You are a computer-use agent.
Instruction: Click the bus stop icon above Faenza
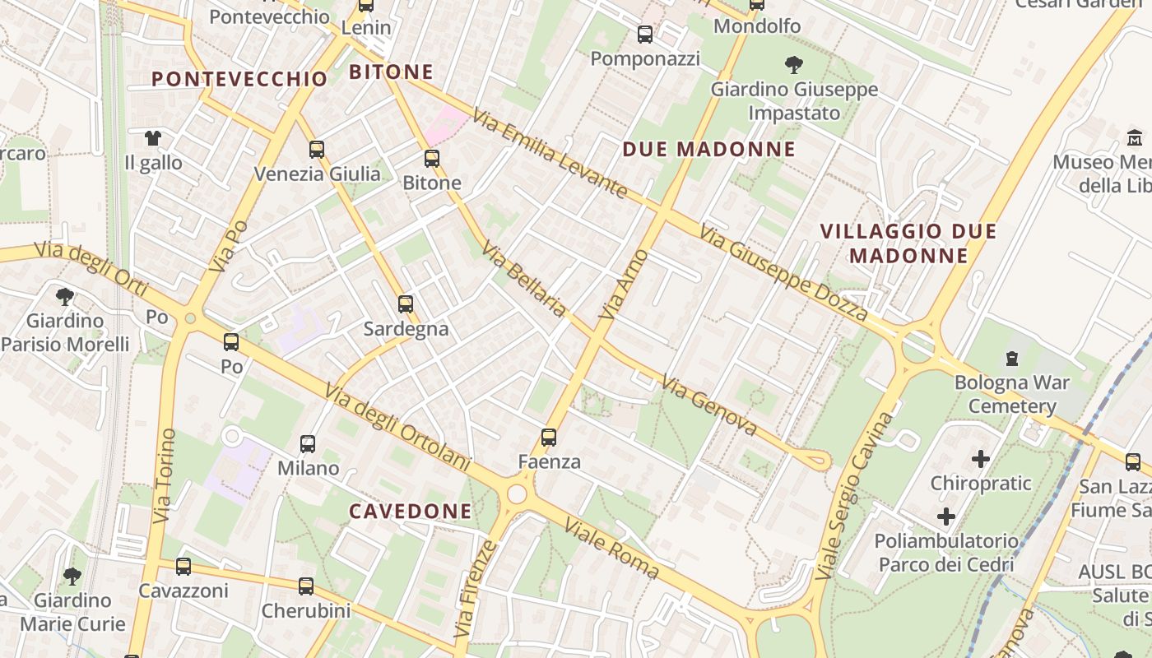coord(549,438)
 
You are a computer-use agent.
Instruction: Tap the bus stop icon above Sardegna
coord(406,304)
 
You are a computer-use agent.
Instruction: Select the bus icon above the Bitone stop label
coord(432,159)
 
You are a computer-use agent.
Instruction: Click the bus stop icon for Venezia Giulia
coord(317,150)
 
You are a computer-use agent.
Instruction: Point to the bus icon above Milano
coord(308,444)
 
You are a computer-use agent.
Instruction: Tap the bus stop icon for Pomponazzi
coord(645,35)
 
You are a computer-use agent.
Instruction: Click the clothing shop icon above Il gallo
coord(153,138)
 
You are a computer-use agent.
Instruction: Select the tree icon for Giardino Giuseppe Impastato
coord(794,64)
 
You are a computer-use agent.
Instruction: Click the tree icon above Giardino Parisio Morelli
coord(65,297)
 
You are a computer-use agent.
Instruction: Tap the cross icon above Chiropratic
coord(980,458)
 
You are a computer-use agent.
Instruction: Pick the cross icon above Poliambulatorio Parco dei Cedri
coord(946,517)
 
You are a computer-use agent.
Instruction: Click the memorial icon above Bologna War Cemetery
coord(1011,359)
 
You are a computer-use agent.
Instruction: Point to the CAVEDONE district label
coord(411,512)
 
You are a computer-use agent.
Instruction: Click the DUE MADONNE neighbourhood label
coord(709,149)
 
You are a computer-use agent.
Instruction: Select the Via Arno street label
coord(625,285)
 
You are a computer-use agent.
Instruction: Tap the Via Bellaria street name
coord(524,279)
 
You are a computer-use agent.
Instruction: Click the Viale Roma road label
coord(611,549)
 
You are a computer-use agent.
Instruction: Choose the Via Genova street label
coord(709,406)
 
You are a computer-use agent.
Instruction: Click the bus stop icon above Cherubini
coord(306,586)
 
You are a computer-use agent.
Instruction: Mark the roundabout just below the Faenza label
coord(517,493)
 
